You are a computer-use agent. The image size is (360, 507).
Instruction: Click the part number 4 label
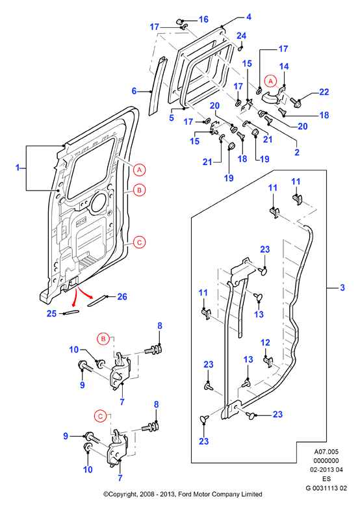pyautogui.click(x=248, y=17)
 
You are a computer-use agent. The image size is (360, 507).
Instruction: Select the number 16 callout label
pyautogui.click(x=203, y=19)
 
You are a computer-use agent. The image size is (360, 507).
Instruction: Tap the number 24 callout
pyautogui.click(x=241, y=36)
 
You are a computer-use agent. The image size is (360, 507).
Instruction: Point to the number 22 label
pyautogui.click(x=324, y=92)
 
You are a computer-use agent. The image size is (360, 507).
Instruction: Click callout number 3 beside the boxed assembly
pyautogui.click(x=342, y=287)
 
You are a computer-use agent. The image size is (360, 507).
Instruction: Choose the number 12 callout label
pyautogui.click(x=265, y=343)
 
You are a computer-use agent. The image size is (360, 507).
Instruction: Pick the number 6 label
pyautogui.click(x=134, y=91)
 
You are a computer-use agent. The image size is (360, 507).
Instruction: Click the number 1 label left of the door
pyautogui.click(x=18, y=168)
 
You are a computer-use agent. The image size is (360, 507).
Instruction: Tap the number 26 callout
pyautogui.click(x=122, y=296)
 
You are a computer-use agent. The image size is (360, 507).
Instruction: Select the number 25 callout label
pyautogui.click(x=52, y=313)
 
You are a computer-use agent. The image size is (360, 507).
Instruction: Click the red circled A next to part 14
pyautogui.click(x=271, y=81)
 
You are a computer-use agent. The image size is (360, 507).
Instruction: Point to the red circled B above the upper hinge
pyautogui.click(x=103, y=339)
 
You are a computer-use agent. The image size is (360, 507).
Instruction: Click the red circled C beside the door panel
pyautogui.click(x=139, y=242)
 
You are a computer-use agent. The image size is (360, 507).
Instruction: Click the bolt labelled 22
pyautogui.click(x=296, y=103)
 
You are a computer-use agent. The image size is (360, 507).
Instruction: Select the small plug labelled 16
pyautogui.click(x=179, y=21)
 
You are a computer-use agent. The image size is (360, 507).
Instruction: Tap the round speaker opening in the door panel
pyautogui.click(x=99, y=203)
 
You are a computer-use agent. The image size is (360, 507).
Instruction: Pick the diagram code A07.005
pyautogui.click(x=326, y=452)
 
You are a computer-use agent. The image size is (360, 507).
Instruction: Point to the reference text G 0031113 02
pyautogui.click(x=326, y=488)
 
